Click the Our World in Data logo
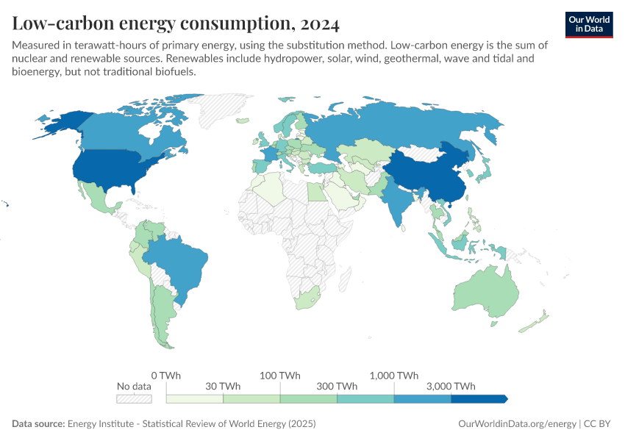(589, 24)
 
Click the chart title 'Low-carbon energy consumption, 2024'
(176, 24)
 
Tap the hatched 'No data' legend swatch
(134, 398)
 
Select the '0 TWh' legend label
(165, 375)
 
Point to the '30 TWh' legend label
(223, 387)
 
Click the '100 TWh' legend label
(280, 375)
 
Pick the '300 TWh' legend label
(337, 387)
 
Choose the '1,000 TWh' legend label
(394, 375)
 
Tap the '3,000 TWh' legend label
(451, 387)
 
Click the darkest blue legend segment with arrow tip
(478, 398)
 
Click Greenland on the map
(224, 110)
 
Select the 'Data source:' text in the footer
(38, 424)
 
